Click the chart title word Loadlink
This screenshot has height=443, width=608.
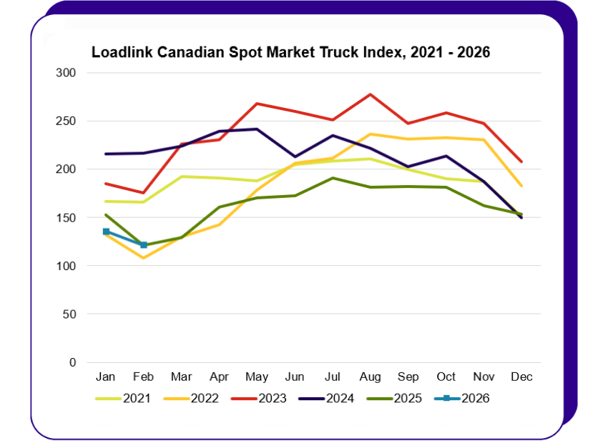[119, 53]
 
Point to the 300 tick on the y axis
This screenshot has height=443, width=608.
[65, 73]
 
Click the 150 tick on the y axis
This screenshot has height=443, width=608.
[65, 217]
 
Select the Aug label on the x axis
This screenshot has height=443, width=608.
[369, 376]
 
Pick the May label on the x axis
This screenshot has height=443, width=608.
[256, 376]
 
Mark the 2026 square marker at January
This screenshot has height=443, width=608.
[106, 232]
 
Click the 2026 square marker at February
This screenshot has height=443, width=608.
[144, 245]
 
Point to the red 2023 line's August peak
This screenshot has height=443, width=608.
[370, 94]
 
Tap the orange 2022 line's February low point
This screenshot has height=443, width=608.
[144, 257]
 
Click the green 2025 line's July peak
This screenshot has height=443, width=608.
[332, 178]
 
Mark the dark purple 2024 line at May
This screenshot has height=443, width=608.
[256, 129]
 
